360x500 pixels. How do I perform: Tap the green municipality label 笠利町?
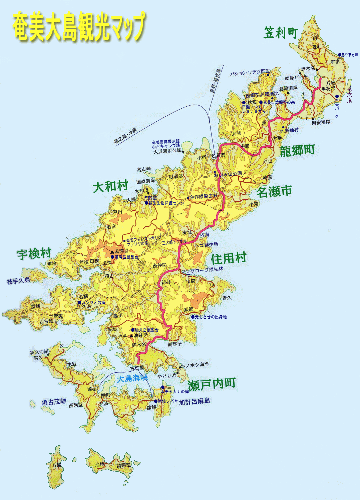point(281,33)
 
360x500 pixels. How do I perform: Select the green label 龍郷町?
point(297,151)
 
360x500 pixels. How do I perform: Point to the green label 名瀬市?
point(274,192)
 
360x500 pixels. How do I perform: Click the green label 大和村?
point(110,186)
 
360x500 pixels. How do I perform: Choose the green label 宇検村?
point(34,254)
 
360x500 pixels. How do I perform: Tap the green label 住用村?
point(229,258)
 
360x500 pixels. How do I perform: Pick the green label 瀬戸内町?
point(212,384)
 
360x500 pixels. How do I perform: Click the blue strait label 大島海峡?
point(132,378)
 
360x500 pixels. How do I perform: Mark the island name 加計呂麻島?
point(195,402)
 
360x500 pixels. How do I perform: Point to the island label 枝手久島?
point(19,281)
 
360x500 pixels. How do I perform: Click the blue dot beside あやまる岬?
point(340,55)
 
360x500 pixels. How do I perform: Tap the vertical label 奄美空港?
point(349,95)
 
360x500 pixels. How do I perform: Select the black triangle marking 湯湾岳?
point(112,252)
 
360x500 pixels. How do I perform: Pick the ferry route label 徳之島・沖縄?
point(125,136)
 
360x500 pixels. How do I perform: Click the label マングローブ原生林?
point(202,270)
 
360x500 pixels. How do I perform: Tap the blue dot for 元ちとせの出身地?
point(193,317)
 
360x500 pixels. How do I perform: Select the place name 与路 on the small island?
point(57,465)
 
